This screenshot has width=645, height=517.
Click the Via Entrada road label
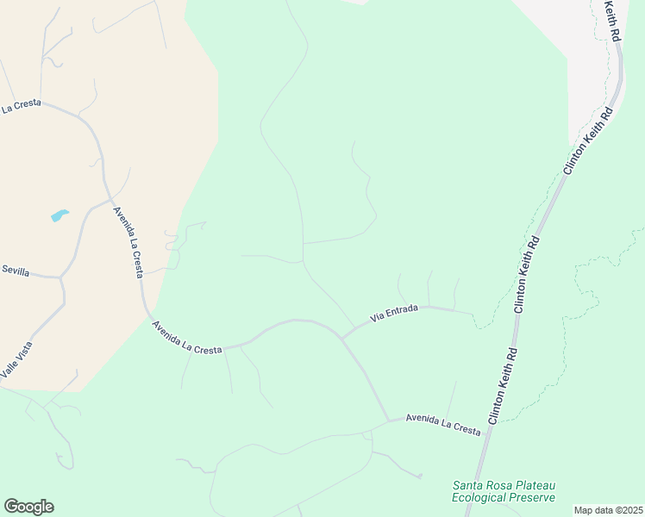click(x=394, y=314)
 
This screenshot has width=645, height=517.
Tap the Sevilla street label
click(x=15, y=271)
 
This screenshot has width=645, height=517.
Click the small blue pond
click(x=59, y=215)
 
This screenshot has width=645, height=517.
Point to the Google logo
click(x=28, y=507)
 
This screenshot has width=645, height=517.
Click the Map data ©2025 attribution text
click(x=608, y=510)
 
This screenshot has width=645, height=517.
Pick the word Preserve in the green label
click(x=533, y=497)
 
